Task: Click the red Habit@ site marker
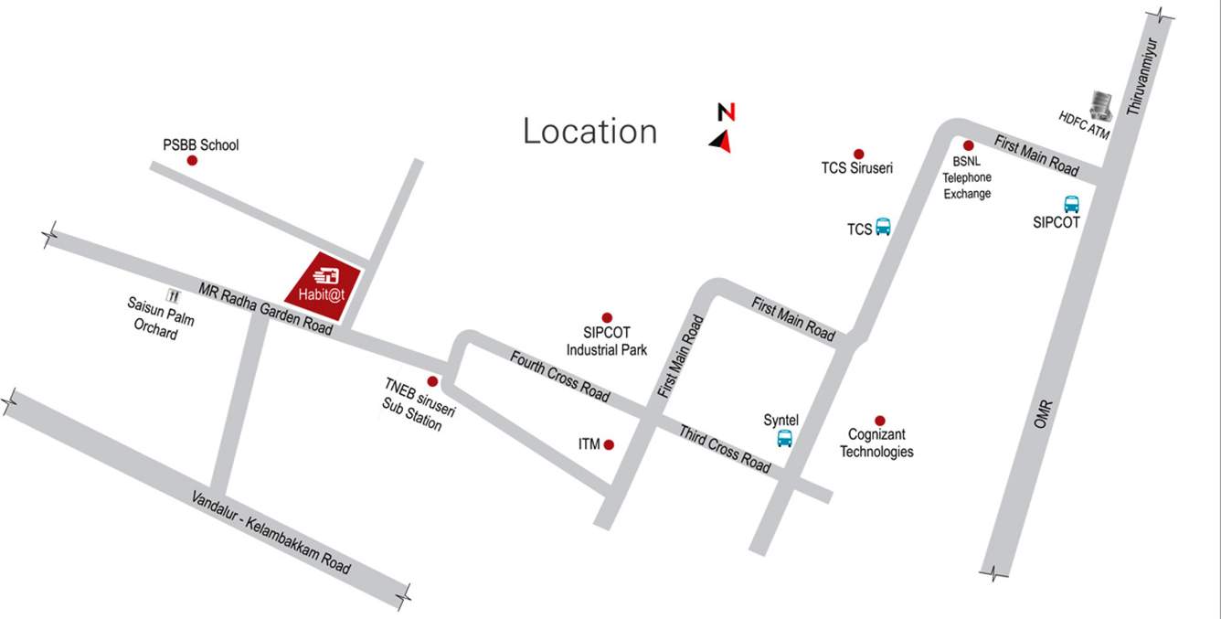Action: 324,286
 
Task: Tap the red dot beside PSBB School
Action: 192,160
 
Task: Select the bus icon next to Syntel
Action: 784,438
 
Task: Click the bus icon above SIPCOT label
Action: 1071,204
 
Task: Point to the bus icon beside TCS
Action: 883,227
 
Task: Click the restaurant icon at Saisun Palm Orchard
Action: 172,295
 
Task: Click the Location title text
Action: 589,132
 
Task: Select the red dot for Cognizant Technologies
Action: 879,420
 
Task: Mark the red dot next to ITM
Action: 610,445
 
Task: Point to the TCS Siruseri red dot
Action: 858,154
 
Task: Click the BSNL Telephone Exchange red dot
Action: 969,145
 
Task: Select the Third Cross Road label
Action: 725,448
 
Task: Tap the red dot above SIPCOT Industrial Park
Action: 605,316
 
